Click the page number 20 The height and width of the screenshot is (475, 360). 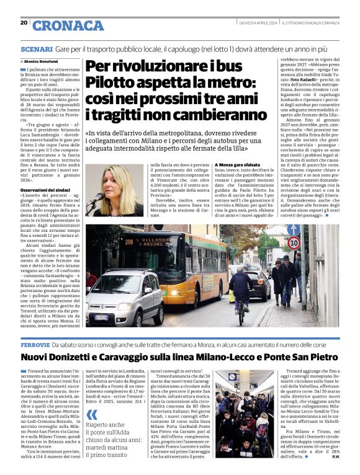tap(24, 22)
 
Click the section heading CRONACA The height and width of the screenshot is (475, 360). tap(68, 25)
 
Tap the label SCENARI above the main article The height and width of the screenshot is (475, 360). tap(36, 48)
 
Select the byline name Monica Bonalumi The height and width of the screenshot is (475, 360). tap(43, 63)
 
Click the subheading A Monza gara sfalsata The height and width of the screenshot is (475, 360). tap(238, 164)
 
